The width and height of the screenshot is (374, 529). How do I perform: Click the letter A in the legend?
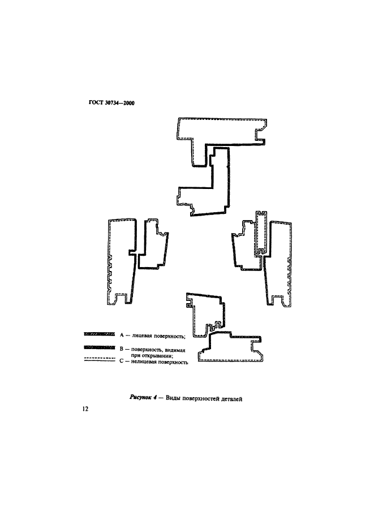click(122, 335)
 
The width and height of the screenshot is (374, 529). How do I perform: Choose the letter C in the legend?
click(122, 362)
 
